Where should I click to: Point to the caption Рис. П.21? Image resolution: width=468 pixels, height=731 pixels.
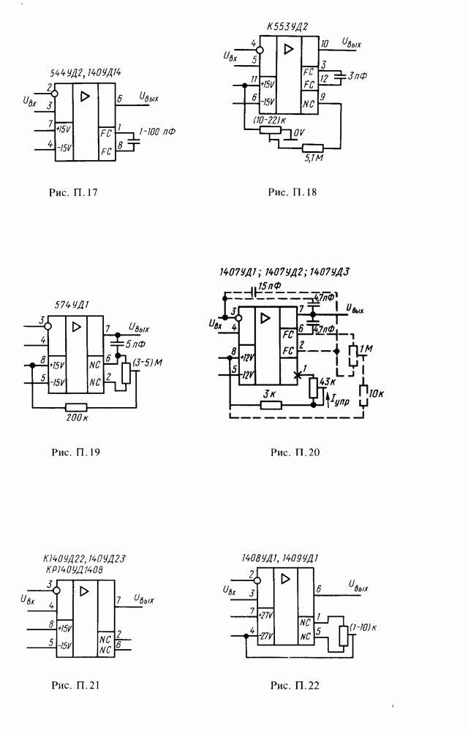(x=73, y=686)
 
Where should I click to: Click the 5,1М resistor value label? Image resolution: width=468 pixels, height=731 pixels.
(x=313, y=158)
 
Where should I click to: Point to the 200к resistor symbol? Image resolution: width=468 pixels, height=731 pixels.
(x=75, y=406)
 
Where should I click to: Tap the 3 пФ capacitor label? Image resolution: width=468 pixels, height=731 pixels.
(x=357, y=75)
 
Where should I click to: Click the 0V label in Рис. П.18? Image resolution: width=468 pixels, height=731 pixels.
(x=298, y=134)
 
